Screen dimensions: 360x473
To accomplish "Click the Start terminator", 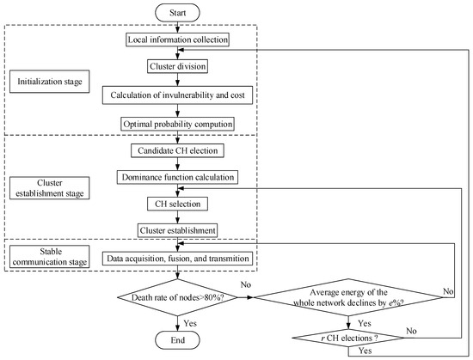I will coord(177,12).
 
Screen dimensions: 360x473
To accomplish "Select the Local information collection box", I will coord(177,40).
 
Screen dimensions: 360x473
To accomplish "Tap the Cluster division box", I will coord(177,65).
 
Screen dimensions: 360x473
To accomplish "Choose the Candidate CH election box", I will coord(177,151).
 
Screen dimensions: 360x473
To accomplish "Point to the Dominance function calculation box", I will coord(177,177).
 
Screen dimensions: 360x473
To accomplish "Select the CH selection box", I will coord(177,204).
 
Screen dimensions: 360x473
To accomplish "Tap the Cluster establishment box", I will coord(177,229).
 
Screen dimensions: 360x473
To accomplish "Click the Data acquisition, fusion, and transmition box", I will coord(177,258).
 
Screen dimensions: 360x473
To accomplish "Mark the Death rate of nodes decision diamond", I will coord(177,298).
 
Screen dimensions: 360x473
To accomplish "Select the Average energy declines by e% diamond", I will coord(348,298).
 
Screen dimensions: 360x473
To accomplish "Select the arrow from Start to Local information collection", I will coord(177,27).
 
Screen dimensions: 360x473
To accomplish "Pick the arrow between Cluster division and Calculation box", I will coord(177,79).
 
